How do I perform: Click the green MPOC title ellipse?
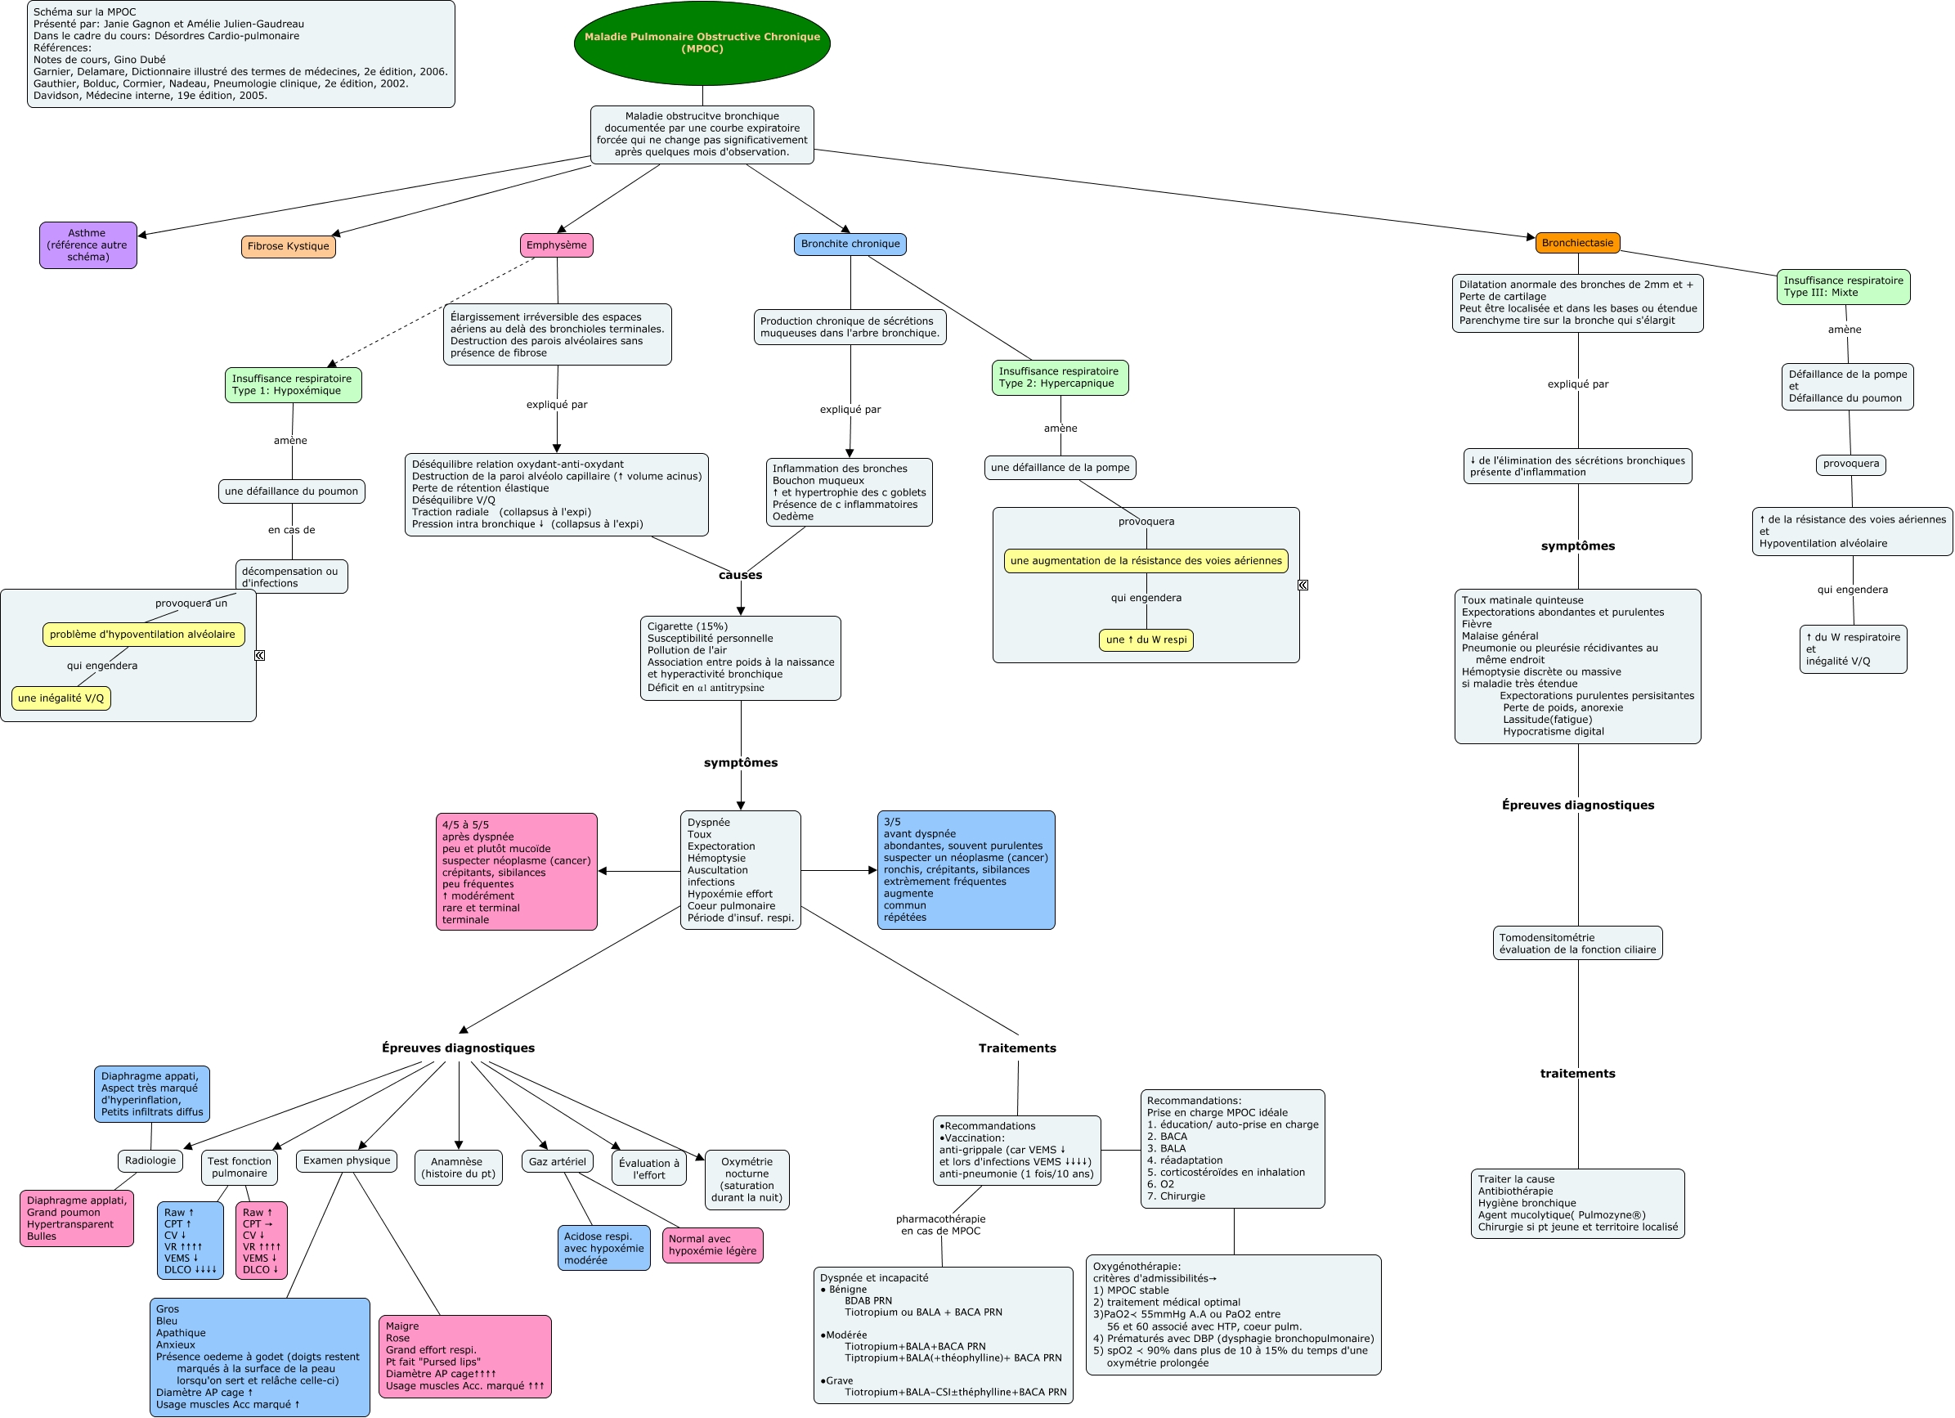(x=702, y=43)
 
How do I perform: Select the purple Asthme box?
(x=88, y=245)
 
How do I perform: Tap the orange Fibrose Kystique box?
(x=288, y=246)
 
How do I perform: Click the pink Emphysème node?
(x=556, y=245)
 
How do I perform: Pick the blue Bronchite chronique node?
(x=850, y=244)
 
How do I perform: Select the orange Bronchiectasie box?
(x=1577, y=243)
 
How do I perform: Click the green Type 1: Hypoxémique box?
(x=292, y=384)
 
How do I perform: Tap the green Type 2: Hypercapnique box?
(x=1060, y=378)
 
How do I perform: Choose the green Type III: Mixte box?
(x=1843, y=287)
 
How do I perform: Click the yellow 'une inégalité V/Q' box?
(x=61, y=698)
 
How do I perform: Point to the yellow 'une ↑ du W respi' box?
(x=1146, y=639)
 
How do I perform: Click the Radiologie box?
(x=150, y=1160)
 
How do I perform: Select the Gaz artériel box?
(x=557, y=1161)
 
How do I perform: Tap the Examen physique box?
(x=347, y=1160)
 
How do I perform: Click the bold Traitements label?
(x=1017, y=1048)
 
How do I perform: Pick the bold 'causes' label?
(x=741, y=575)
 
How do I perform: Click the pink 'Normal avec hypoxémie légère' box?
(x=713, y=1245)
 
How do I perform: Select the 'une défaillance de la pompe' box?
(x=1060, y=468)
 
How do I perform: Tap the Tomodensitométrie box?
(x=1577, y=943)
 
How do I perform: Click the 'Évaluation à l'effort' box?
(x=649, y=1168)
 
